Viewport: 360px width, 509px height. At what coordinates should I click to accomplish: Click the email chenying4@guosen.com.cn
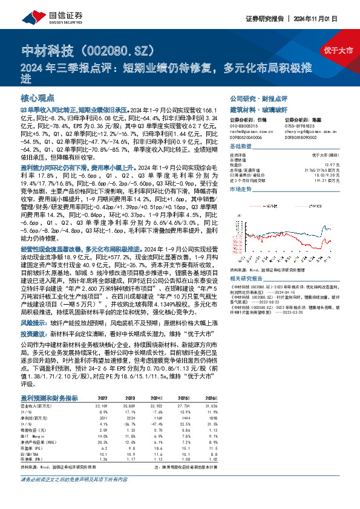[x=306, y=129]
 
